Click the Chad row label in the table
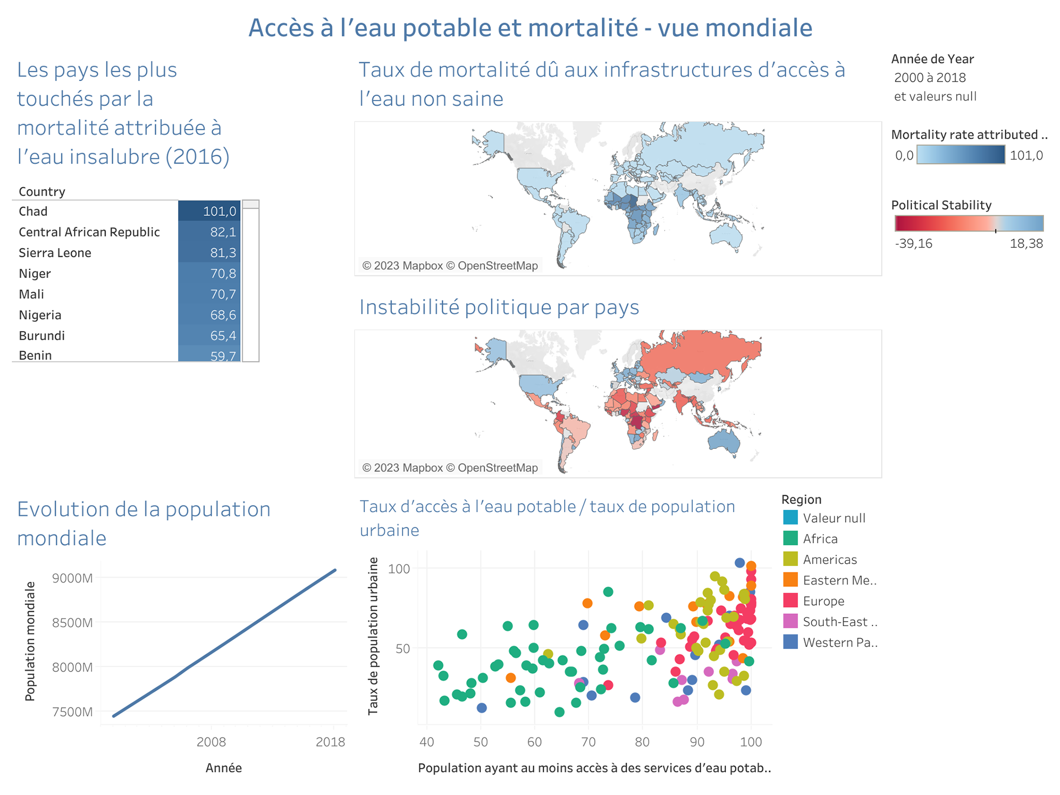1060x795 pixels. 33,211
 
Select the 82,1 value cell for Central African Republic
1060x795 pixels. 209,232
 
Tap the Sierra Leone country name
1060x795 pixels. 55,253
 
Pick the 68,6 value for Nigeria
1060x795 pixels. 209,315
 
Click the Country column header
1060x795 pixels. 42,192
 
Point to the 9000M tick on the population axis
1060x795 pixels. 72,578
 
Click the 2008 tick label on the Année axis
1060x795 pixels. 211,741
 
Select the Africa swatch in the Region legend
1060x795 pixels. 790,538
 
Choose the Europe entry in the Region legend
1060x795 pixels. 823,601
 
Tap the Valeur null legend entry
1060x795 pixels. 834,518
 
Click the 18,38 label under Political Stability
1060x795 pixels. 1026,243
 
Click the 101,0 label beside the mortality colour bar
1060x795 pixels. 1026,155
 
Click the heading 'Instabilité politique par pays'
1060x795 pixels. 499,307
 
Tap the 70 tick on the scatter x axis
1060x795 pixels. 588,741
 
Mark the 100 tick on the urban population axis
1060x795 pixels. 399,569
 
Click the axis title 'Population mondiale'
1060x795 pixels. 30,641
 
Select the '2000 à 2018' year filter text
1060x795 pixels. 930,77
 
